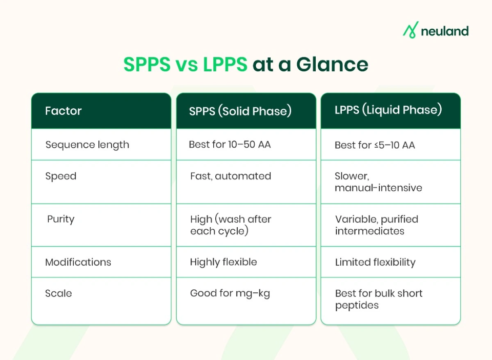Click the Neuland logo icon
[x=411, y=30]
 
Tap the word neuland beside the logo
[x=444, y=31]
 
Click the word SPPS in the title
[x=147, y=65]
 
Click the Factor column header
[x=64, y=111]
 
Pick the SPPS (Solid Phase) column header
[x=240, y=111]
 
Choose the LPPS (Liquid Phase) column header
[x=387, y=111]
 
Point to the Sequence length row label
[x=87, y=145]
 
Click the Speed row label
[x=61, y=176]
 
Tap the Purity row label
[x=61, y=219]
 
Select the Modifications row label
[x=78, y=262]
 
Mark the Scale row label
[x=58, y=293]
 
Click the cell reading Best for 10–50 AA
[x=230, y=145]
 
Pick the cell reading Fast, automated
[x=231, y=176]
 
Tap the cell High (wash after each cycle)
[x=231, y=225]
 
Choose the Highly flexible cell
[x=223, y=262]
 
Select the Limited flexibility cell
[x=375, y=262]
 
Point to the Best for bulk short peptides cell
[x=379, y=299]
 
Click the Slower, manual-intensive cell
[x=378, y=182]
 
